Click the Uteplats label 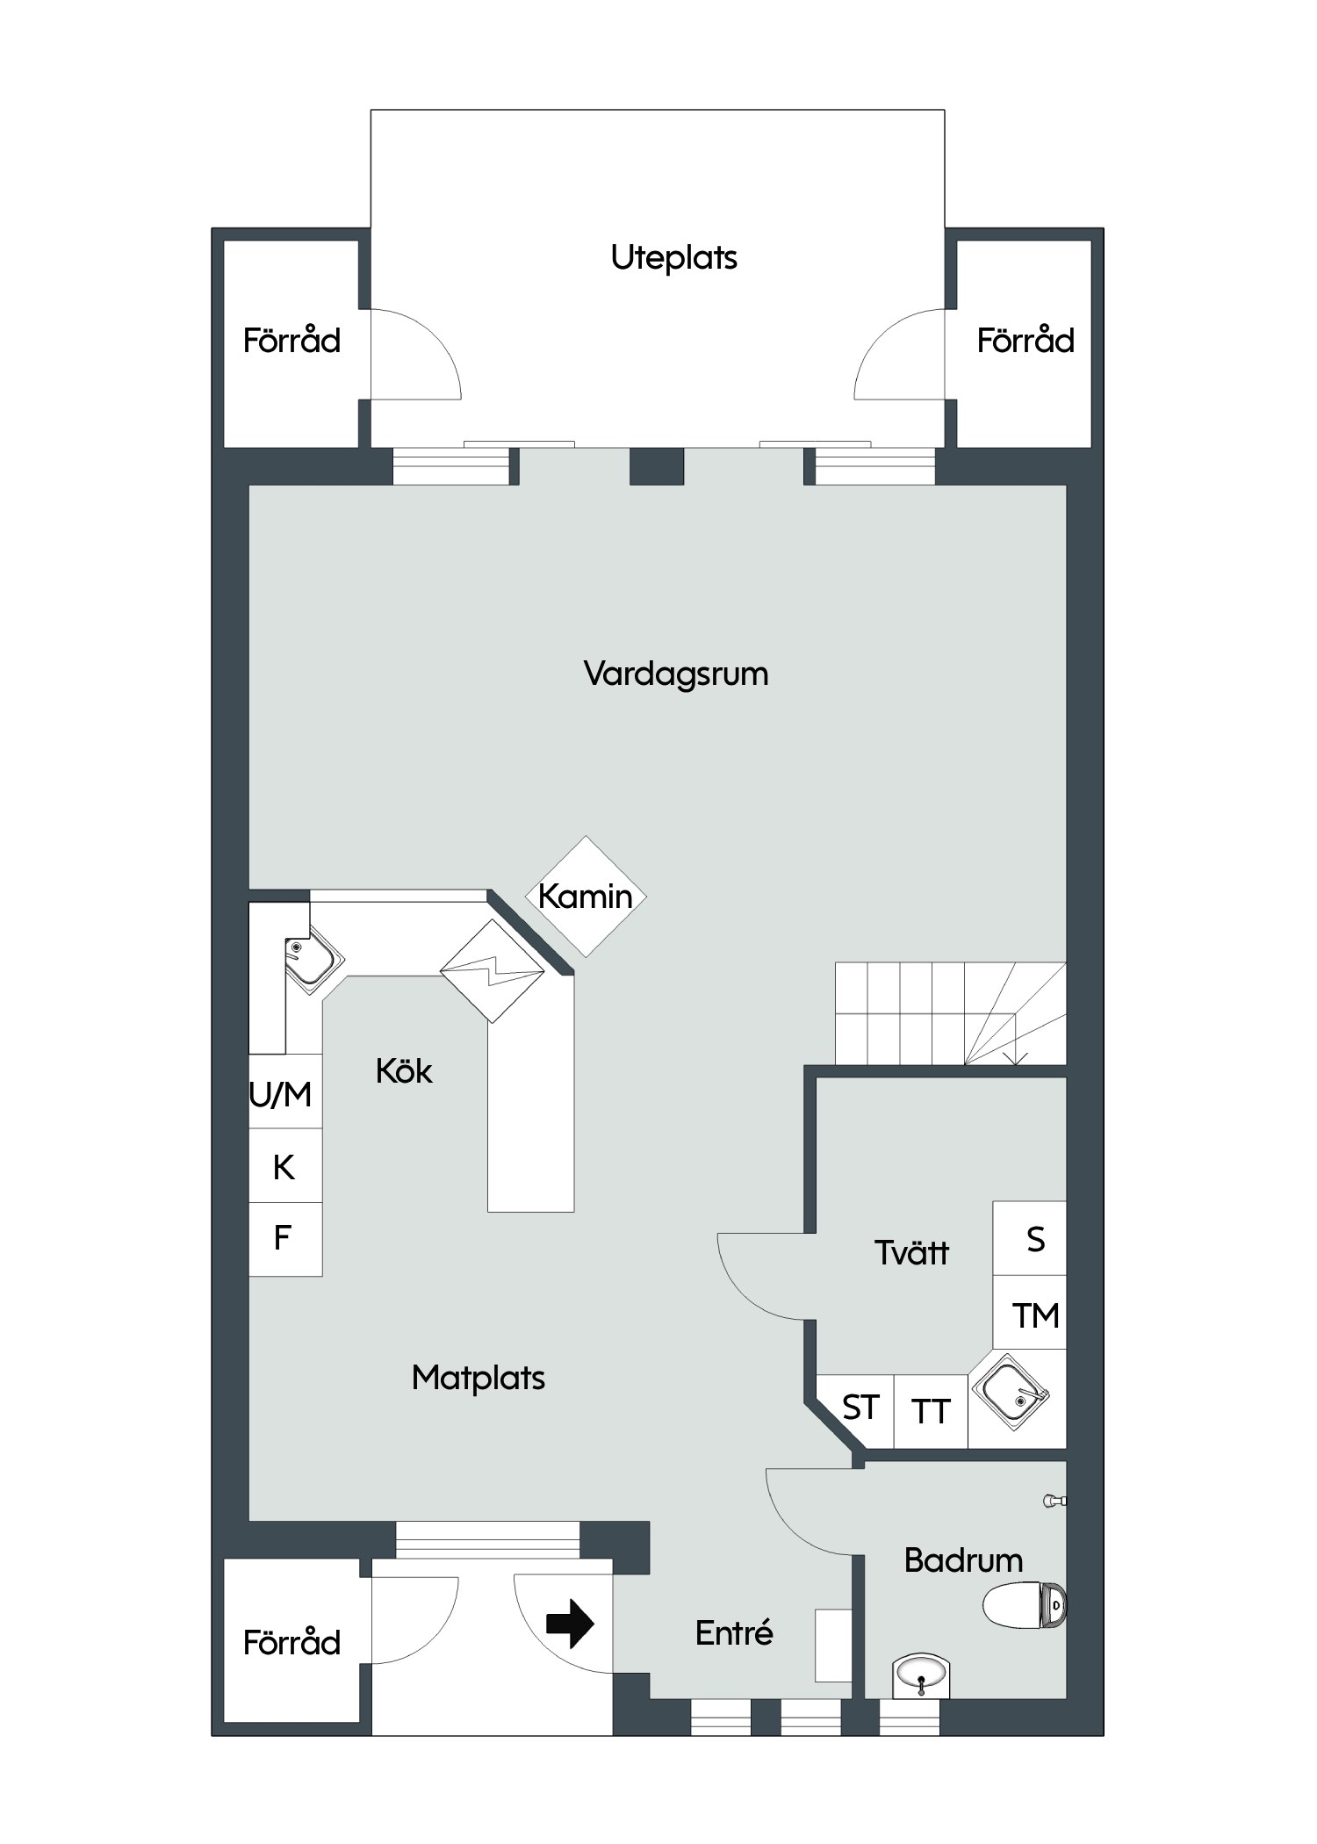coord(673,258)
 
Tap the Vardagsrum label coord(675,674)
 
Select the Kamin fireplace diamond coord(586,897)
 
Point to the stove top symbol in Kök coord(492,971)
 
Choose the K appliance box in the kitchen coord(285,1166)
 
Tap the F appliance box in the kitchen coord(285,1239)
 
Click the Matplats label coord(479,1378)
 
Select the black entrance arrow coord(570,1624)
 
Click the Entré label coord(734,1633)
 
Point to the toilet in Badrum coord(1025,1605)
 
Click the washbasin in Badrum coord(921,1675)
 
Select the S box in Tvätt coord(1030,1238)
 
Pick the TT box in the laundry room coord(931,1411)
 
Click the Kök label coord(404,1071)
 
